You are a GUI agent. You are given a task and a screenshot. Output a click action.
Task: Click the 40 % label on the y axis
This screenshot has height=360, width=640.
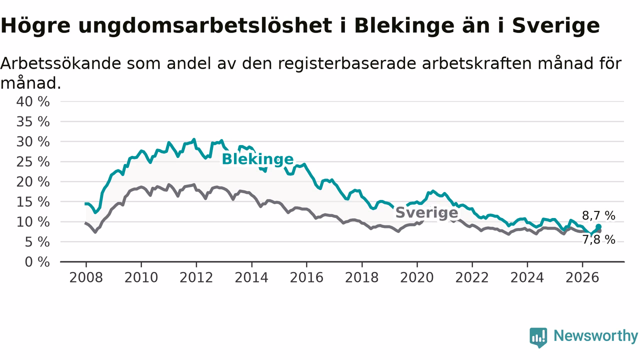click(33, 101)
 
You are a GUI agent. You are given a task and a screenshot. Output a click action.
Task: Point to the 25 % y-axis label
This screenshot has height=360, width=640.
click(33, 162)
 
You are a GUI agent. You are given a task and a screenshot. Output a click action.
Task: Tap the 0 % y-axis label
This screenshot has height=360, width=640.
click(37, 262)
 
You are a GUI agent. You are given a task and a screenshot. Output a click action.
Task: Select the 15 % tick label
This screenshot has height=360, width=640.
click(33, 202)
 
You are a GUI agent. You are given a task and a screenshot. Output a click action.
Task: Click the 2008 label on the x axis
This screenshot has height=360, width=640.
click(86, 277)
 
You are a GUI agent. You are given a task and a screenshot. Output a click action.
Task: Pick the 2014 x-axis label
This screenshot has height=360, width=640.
click(251, 277)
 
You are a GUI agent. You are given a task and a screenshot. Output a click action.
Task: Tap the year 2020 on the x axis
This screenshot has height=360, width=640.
click(417, 277)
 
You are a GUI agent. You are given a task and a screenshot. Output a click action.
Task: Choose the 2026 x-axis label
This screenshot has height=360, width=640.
click(582, 277)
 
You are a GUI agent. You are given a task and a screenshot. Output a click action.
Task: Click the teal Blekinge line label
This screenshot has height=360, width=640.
click(257, 159)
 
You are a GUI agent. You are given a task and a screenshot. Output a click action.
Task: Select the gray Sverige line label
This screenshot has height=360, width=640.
click(427, 212)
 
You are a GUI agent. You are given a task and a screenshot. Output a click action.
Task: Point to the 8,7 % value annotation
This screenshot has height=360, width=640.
click(598, 215)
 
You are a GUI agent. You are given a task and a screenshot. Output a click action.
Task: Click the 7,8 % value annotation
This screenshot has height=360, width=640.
click(598, 239)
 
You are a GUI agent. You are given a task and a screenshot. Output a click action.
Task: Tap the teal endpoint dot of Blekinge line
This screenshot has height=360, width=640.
click(598, 226)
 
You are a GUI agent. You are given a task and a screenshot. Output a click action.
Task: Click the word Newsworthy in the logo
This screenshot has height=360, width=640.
click(596, 335)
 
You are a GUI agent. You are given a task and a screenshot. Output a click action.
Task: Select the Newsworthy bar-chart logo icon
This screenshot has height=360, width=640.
click(538, 337)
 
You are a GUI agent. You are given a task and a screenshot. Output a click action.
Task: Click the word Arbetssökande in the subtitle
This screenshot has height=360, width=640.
click(61, 63)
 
